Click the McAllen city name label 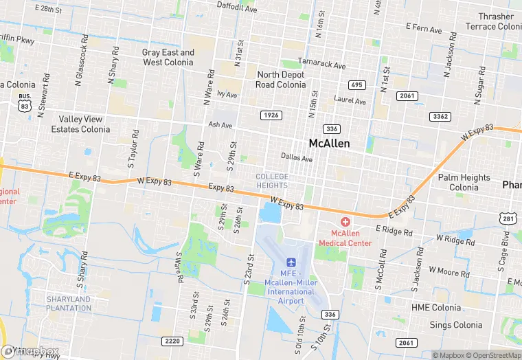pyautogui.click(x=329, y=144)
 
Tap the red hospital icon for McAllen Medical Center pyautogui.click(x=345, y=223)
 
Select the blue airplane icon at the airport pyautogui.click(x=291, y=263)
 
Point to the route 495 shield pyautogui.click(x=356, y=85)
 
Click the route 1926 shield pyautogui.click(x=271, y=115)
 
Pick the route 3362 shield pyautogui.click(x=440, y=116)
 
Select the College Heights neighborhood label pyautogui.click(x=272, y=181)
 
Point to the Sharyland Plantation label pyautogui.click(x=69, y=303)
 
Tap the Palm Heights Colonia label pyautogui.click(x=464, y=182)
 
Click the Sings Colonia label pyautogui.click(x=456, y=325)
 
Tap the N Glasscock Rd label pyautogui.click(x=83, y=62)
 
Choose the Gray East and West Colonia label pyautogui.click(x=168, y=57)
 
